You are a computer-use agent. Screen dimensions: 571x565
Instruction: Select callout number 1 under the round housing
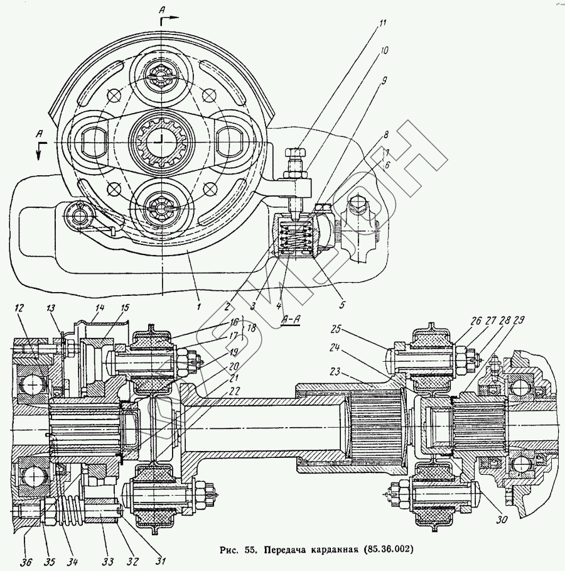(x=198, y=308)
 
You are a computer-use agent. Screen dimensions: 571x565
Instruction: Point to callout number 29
(x=519, y=320)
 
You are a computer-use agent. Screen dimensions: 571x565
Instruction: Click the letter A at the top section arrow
(x=163, y=10)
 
